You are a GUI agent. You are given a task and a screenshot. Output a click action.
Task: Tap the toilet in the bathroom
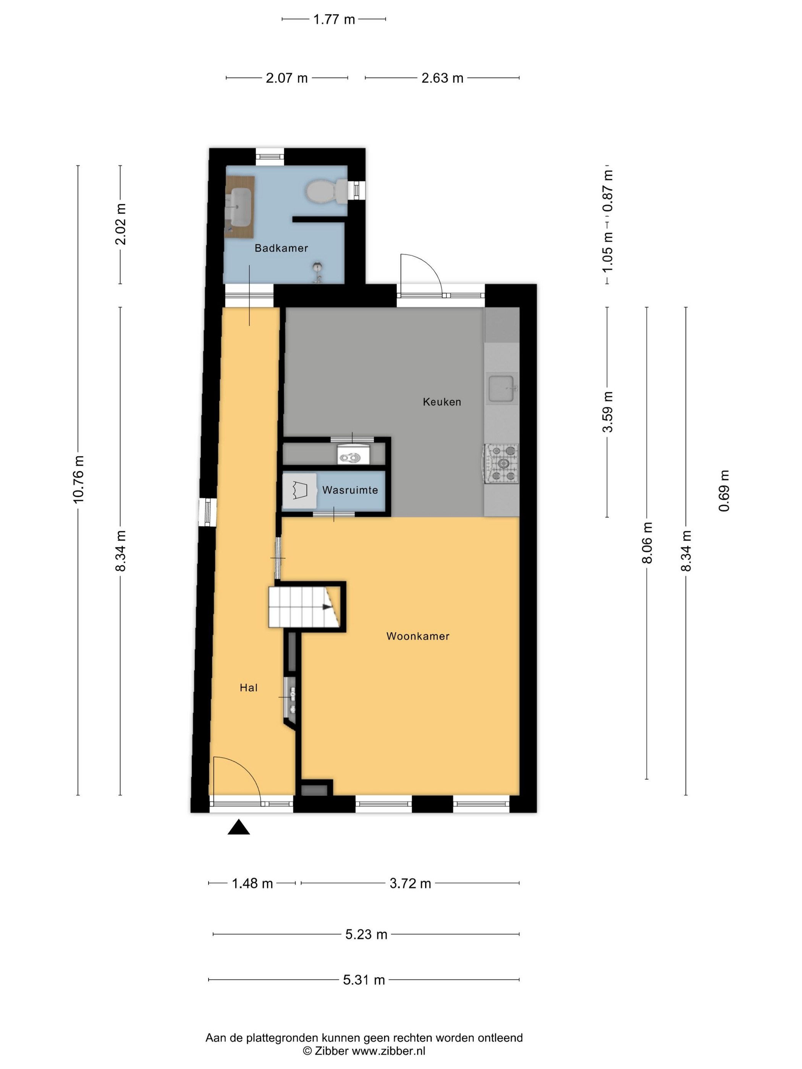(326, 191)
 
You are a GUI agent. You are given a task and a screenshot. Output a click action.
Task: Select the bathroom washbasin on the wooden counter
(240, 207)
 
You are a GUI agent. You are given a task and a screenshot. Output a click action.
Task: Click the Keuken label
(441, 402)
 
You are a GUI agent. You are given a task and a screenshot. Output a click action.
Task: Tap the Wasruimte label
(350, 490)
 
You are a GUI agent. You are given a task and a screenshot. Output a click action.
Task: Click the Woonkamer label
(418, 636)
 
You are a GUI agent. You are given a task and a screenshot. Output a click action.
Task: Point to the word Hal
(249, 688)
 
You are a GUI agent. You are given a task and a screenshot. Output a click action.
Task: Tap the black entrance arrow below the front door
(239, 827)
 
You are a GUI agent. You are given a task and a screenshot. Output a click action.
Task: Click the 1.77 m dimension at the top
(334, 19)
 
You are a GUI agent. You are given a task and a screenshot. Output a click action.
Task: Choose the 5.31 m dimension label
(364, 980)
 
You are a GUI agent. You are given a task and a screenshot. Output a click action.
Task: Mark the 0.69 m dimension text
(724, 491)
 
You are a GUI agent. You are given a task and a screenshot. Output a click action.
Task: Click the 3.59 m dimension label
(608, 412)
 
